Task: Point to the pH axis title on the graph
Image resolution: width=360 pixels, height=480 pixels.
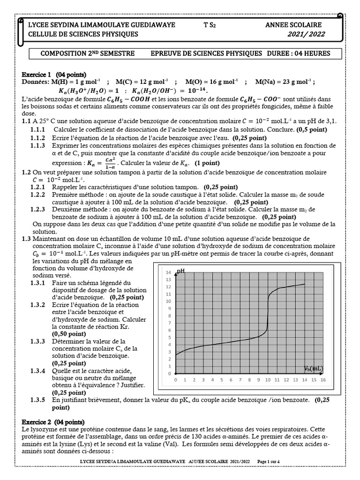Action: [x=180, y=271]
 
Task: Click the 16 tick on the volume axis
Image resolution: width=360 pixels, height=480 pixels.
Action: [x=323, y=380]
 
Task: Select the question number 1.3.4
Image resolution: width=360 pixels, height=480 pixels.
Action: [x=37, y=371]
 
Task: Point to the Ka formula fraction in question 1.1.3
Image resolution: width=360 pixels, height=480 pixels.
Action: [x=111, y=164]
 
